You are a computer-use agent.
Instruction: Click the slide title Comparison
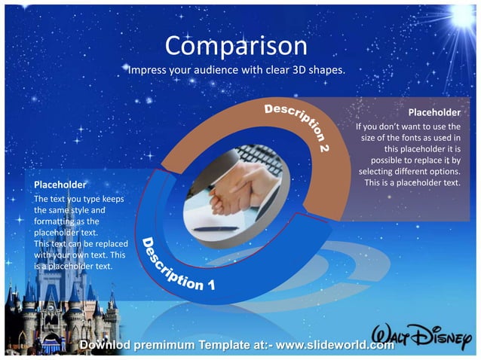coord(236,46)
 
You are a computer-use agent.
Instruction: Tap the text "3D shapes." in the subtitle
coord(320,71)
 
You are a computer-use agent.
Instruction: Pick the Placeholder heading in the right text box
coord(434,112)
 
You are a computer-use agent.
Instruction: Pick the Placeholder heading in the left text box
coord(60,184)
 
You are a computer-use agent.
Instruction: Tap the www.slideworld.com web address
coord(335,345)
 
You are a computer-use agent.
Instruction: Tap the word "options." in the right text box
coord(443,171)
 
